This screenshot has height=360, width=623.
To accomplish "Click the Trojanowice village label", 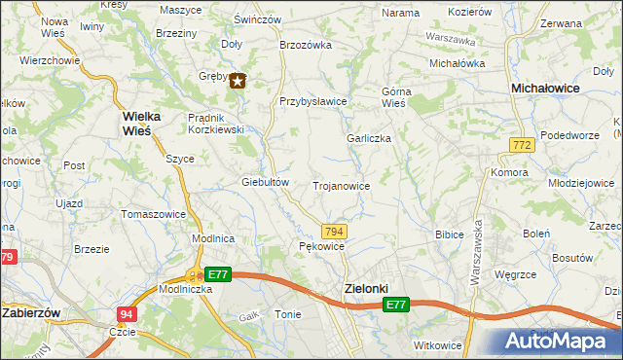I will click(340, 185).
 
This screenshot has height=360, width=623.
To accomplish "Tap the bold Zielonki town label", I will click(366, 288).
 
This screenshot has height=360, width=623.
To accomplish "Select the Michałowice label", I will click(546, 88).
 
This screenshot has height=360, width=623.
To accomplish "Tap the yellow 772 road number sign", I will click(521, 145).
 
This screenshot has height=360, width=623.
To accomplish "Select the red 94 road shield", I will click(127, 314).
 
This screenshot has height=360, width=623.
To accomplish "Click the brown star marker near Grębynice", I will click(238, 82).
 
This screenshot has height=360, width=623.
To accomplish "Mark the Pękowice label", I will click(322, 247).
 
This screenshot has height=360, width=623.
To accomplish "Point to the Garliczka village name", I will click(369, 138).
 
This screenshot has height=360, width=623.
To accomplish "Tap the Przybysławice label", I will click(313, 100).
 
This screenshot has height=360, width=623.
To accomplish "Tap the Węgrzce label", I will click(516, 275).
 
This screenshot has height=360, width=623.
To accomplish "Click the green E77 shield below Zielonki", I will click(394, 306).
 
